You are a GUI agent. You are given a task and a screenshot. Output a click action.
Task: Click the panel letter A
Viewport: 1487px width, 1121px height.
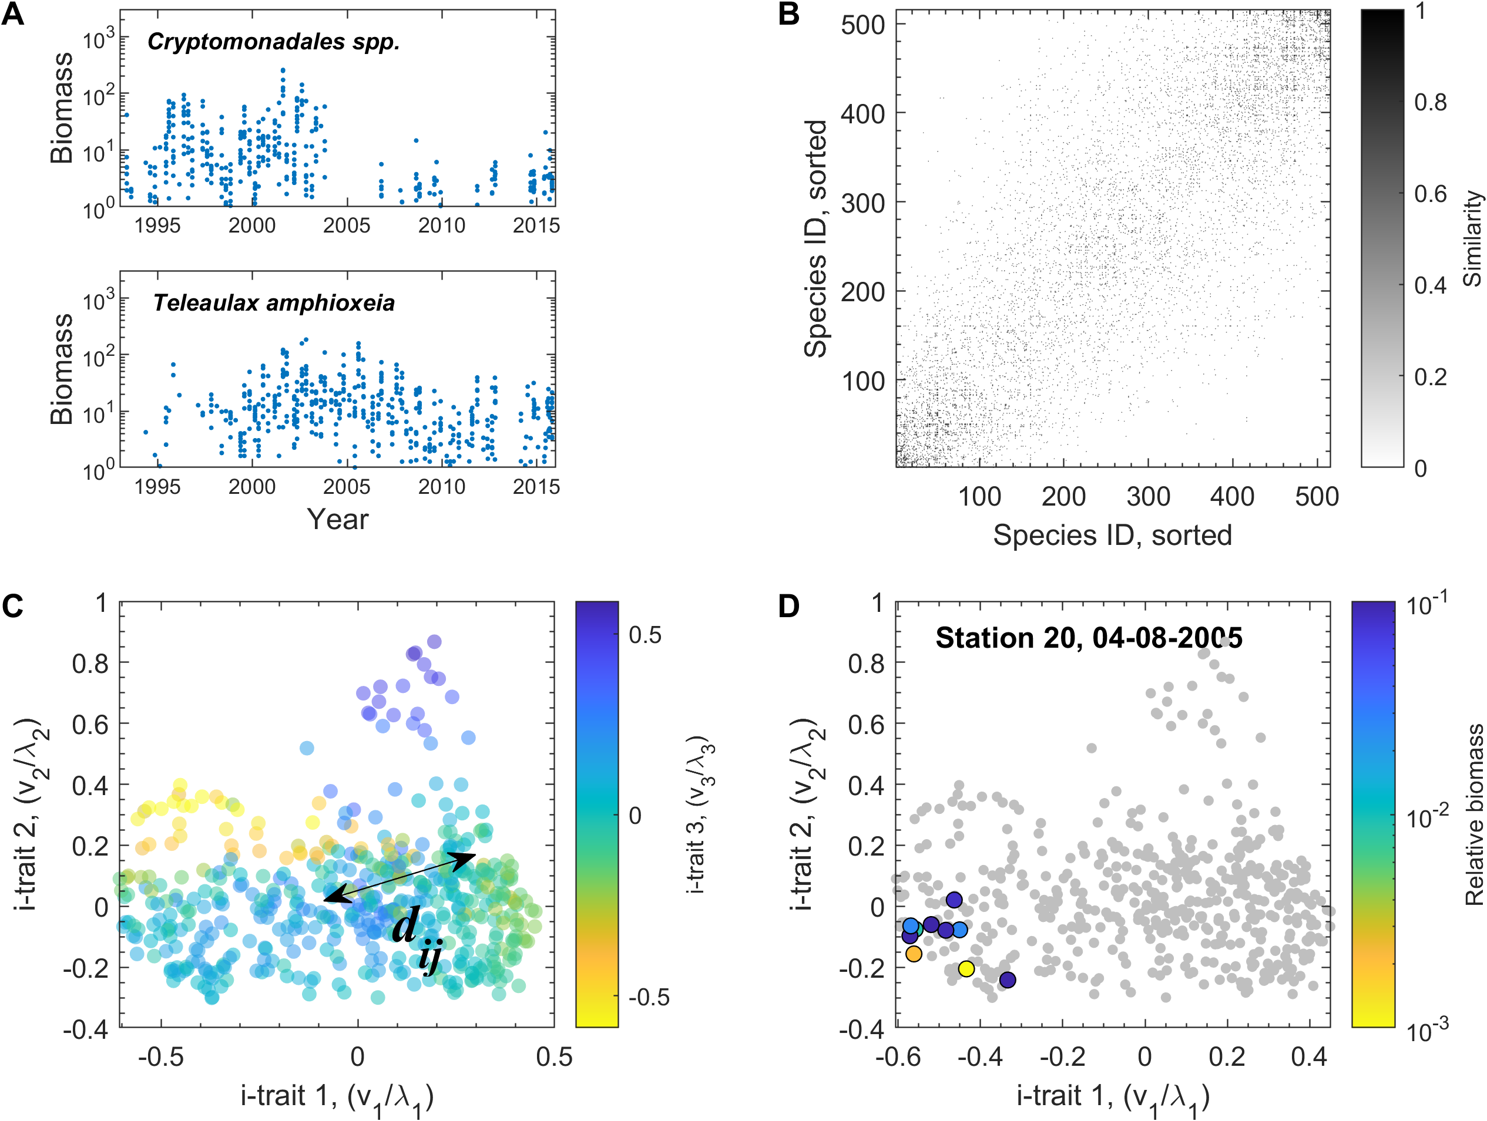click(x=13, y=15)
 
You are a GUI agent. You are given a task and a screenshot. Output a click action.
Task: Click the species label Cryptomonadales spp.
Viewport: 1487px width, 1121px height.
click(x=274, y=42)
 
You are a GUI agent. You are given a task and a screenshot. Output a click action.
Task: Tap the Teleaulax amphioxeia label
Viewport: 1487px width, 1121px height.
click(x=274, y=303)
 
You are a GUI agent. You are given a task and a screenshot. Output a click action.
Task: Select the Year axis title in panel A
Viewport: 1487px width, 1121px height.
click(x=337, y=520)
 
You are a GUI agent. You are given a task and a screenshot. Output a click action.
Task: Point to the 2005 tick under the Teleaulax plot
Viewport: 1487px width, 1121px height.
click(x=346, y=487)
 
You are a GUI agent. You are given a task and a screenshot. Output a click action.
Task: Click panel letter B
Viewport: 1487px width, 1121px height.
click(x=788, y=15)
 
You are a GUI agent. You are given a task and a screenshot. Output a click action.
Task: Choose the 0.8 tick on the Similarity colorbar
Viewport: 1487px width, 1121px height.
click(x=1431, y=102)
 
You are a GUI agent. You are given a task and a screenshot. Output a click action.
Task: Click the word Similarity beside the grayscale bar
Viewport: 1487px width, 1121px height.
click(x=1472, y=238)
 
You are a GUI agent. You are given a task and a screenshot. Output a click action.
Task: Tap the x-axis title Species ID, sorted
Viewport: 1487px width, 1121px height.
click(x=1113, y=536)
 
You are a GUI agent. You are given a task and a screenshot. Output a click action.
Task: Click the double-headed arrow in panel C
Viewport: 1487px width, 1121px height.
click(x=400, y=877)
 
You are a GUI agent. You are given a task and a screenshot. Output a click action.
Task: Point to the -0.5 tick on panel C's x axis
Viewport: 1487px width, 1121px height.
click(x=160, y=1056)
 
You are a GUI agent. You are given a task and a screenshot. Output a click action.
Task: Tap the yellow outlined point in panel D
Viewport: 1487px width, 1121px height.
click(x=966, y=968)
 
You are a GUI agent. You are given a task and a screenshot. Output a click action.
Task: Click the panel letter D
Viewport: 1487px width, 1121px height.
click(x=788, y=606)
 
